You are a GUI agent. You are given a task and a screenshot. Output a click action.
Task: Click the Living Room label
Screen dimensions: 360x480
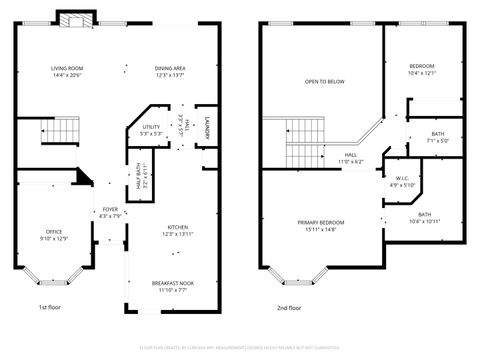click(67, 71)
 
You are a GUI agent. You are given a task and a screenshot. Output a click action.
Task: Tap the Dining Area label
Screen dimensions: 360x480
click(171, 71)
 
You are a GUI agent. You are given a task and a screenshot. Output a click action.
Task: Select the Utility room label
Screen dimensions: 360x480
click(152, 130)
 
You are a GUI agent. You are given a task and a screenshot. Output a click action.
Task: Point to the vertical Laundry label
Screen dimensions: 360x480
click(206, 127)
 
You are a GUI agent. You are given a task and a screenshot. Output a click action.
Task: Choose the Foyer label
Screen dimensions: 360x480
click(109, 212)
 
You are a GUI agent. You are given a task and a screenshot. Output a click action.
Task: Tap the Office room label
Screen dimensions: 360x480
click(54, 235)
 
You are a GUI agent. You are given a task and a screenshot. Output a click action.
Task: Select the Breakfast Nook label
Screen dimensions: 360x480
click(173, 286)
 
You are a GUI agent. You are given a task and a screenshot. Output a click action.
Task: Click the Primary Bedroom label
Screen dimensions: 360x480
click(320, 225)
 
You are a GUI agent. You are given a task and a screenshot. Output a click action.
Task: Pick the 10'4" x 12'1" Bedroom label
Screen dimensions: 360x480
click(422, 69)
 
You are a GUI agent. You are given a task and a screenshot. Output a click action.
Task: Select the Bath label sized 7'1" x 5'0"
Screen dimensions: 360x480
click(438, 137)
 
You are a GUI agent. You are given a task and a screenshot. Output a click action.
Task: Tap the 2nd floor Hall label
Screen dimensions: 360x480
click(351, 158)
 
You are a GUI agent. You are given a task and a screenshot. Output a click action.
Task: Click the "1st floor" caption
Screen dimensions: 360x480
click(51, 307)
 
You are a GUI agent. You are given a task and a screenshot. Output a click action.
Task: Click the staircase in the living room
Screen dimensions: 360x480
click(64, 130)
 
